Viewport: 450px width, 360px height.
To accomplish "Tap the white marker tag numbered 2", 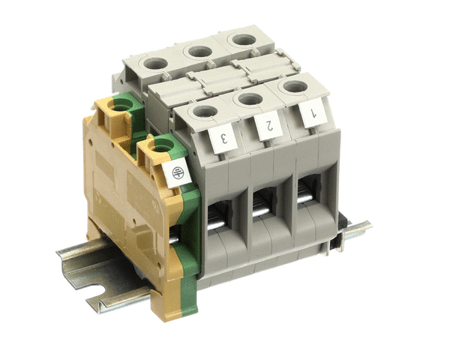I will (268, 126).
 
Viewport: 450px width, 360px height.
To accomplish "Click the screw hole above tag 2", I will (248, 99).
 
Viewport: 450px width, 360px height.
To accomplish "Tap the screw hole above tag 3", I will (204, 112).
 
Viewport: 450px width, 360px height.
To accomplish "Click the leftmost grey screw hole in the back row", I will (155, 63).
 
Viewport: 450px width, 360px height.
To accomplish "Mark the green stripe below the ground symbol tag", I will (189, 225).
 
